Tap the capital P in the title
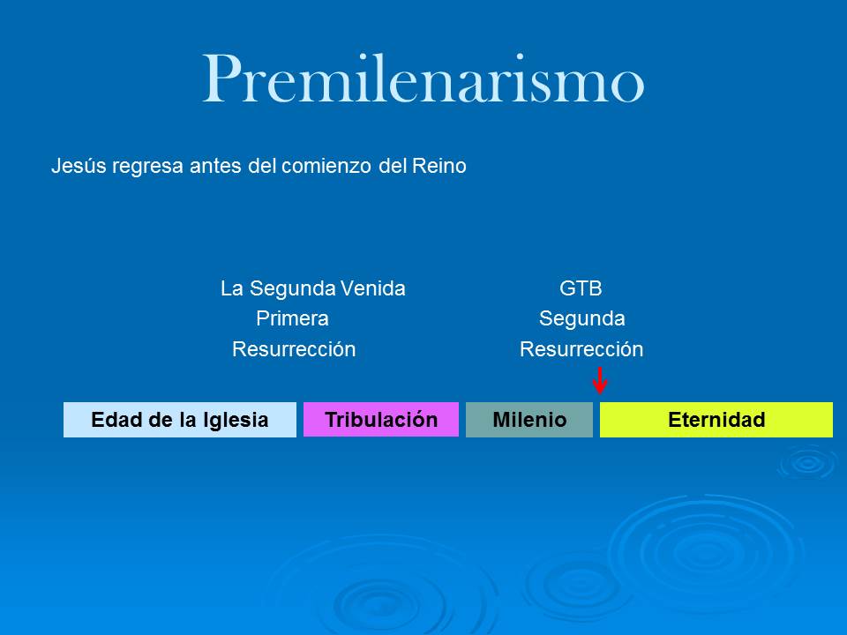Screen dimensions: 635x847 pos(221,79)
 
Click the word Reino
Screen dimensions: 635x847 pos(439,166)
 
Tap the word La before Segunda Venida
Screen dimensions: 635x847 pos(232,288)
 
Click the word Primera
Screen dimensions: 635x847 pos(292,318)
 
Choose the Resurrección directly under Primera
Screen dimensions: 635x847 pos(294,349)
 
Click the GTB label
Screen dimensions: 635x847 pos(581,288)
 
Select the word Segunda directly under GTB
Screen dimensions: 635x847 pos(581,318)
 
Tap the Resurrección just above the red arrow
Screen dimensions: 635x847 pos(581,349)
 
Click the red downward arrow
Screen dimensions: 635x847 pos(600,380)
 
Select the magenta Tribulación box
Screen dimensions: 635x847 pos(381,420)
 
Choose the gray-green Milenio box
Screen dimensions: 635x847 pos(529,420)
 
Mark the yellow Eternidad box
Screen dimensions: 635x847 pos(716,420)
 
